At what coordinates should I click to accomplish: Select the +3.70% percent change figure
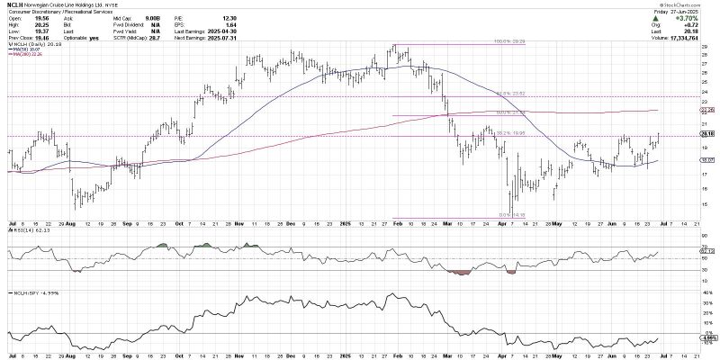[x=691, y=14]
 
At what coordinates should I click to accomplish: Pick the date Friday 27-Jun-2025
[x=689, y=9]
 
